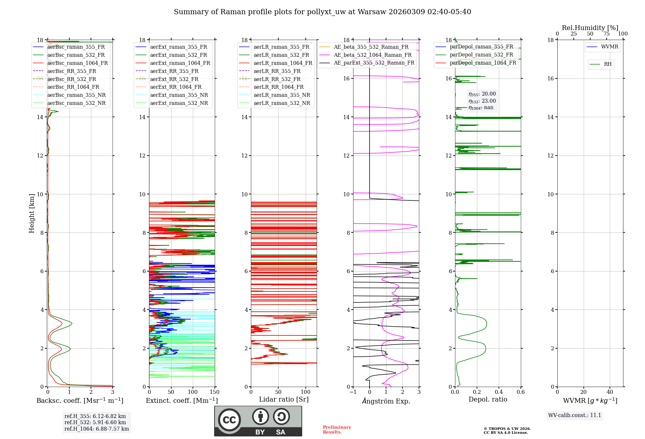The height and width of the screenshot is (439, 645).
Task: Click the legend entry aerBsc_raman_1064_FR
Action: click(77, 63)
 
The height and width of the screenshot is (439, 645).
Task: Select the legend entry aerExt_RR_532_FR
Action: click(174, 79)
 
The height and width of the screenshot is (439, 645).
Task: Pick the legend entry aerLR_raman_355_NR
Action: click(282, 95)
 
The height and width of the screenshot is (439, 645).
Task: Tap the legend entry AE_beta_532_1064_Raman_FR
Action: click(372, 55)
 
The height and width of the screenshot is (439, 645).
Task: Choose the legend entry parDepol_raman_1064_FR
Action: click(483, 63)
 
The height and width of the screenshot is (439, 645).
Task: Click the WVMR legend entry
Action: click(609, 47)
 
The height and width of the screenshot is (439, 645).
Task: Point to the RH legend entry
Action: click(608, 64)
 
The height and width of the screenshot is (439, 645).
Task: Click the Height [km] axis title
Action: click(32, 213)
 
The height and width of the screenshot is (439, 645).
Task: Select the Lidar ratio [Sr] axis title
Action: click(284, 400)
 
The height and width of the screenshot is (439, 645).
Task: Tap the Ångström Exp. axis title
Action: click(386, 401)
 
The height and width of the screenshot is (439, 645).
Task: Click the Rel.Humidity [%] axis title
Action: click(590, 28)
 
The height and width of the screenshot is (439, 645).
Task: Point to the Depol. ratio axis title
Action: click(488, 400)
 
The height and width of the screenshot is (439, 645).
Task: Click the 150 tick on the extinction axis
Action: click(214, 392)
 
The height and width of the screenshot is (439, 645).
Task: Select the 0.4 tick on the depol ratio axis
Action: click(499, 392)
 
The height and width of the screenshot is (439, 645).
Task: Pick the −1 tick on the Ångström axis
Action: click(353, 392)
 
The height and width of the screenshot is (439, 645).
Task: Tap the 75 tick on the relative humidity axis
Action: click(606, 34)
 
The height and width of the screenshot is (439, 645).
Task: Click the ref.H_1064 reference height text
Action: click(96, 429)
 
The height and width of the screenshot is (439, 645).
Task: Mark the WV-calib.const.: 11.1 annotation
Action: click(575, 415)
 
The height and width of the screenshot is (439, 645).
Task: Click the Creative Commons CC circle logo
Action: click(229, 420)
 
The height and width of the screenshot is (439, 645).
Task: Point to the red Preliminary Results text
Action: click(337, 430)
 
